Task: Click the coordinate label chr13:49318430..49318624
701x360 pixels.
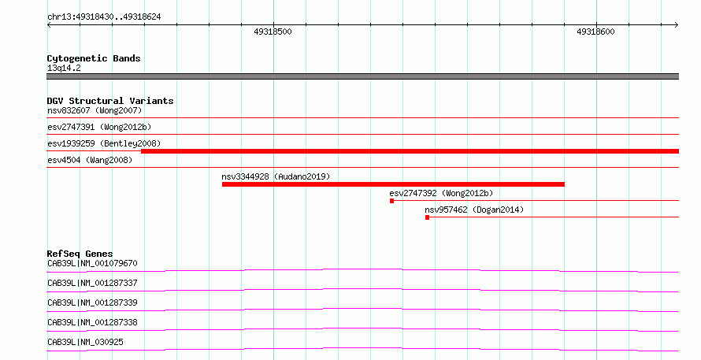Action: [x=104, y=17]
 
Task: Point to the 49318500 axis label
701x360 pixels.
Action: [x=273, y=32]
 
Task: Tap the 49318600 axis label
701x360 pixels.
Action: [x=595, y=32]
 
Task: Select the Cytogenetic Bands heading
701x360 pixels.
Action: [x=94, y=58]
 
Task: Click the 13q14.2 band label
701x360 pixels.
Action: [x=64, y=68]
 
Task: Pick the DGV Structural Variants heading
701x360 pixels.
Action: [x=110, y=101]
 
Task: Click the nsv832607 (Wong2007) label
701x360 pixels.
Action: [x=95, y=110]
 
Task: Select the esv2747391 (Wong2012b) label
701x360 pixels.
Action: [x=99, y=127]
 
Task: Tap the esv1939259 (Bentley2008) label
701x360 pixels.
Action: [x=104, y=143]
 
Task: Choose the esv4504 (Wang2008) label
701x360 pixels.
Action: [x=90, y=160]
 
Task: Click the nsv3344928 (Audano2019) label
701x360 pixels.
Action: [x=276, y=176]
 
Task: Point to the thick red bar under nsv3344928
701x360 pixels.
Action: [x=393, y=184]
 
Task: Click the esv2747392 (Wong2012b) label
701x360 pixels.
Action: [x=441, y=193]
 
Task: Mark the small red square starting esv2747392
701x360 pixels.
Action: [x=391, y=201]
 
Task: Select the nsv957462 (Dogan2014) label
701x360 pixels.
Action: [x=474, y=210]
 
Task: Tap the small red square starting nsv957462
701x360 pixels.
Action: [x=428, y=217]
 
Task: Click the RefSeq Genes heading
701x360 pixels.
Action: [x=80, y=254]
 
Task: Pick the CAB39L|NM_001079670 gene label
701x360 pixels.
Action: [x=92, y=263]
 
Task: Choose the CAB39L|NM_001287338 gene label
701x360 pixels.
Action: [x=92, y=322]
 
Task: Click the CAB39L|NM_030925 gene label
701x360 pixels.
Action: [x=85, y=342]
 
